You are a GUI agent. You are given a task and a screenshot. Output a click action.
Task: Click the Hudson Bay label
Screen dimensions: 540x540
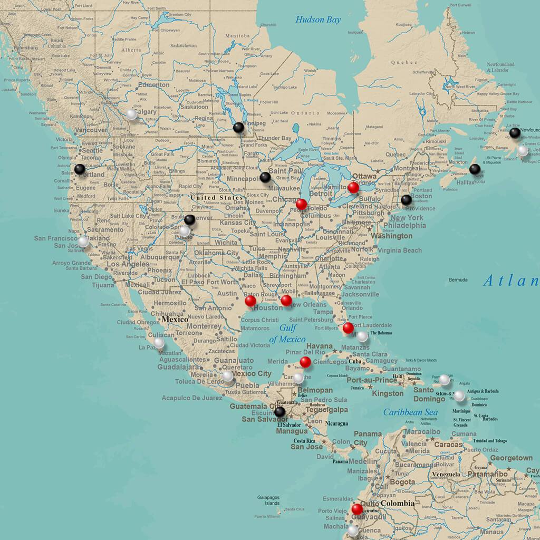pos(318,20)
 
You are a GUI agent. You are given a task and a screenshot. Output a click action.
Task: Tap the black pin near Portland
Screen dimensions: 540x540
pos(80,169)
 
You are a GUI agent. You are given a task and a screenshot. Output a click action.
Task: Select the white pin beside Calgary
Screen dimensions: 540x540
pos(131,114)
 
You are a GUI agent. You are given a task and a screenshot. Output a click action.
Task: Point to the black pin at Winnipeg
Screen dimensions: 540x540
pos(238,127)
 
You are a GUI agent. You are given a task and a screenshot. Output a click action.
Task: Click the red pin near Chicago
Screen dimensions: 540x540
pos(301,204)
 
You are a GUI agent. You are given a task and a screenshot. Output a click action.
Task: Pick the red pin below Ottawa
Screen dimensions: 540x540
pos(353,187)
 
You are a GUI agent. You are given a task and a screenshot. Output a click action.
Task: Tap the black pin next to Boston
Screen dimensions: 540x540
pos(406,200)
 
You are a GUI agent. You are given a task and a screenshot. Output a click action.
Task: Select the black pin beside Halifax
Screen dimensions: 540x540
pos(475,169)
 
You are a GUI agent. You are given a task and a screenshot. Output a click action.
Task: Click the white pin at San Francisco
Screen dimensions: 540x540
pos(83,241)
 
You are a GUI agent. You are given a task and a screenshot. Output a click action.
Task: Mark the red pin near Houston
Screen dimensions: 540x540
pos(250,301)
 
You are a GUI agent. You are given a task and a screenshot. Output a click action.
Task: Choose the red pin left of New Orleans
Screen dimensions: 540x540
pos(286,300)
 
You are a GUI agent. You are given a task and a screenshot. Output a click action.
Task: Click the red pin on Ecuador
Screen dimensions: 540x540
pos(357,508)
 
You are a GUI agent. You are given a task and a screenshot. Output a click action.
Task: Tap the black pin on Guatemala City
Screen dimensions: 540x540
pos(280,411)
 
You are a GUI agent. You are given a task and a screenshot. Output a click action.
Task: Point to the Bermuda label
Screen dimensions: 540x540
pos(458,279)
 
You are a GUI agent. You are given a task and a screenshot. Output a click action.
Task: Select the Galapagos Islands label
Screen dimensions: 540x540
pos(268,500)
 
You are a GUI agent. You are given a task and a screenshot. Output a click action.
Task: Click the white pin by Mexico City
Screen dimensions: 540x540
pos(227,376)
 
